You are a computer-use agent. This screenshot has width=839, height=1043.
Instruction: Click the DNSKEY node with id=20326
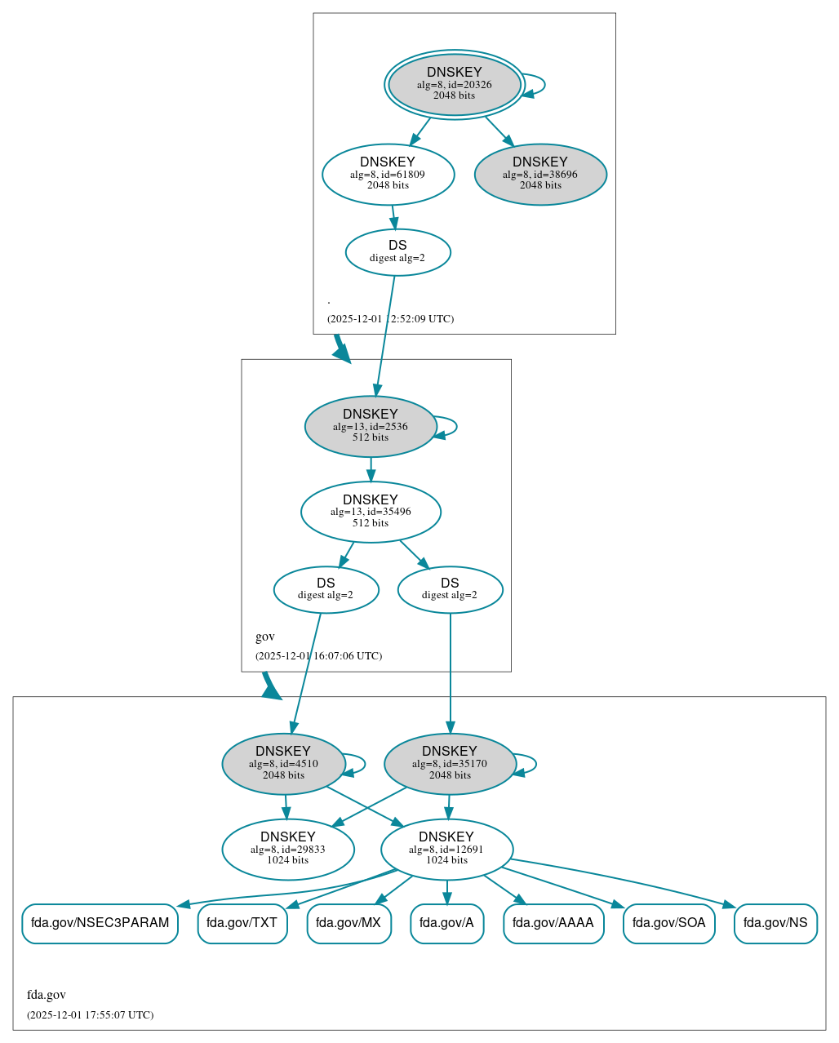point(455,84)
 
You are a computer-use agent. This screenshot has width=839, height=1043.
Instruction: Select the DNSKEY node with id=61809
point(388,174)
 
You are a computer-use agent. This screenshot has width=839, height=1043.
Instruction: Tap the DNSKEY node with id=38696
point(540,174)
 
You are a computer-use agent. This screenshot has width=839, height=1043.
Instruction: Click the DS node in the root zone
point(397,252)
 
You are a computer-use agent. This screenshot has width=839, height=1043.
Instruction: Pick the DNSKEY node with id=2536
point(371,426)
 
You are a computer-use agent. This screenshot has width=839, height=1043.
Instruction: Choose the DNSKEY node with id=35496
point(371,512)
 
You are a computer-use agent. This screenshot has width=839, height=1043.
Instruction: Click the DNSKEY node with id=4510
point(283,764)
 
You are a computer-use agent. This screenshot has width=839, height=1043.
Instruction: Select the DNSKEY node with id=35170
point(450,764)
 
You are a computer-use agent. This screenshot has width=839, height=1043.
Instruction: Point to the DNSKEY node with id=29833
point(287,850)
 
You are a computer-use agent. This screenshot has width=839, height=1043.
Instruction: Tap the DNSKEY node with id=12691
point(446,850)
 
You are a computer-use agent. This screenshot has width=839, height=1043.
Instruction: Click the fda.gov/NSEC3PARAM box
point(100,923)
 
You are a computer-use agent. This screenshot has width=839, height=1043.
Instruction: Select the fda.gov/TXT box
point(242,923)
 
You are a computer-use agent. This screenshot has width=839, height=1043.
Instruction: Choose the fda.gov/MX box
point(348,923)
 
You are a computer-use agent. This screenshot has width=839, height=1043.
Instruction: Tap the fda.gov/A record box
point(446,923)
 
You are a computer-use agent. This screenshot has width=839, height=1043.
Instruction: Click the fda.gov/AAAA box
point(553,923)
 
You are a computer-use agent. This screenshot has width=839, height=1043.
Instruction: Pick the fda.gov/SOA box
point(668,923)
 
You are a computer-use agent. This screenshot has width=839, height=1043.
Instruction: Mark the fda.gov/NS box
point(775,923)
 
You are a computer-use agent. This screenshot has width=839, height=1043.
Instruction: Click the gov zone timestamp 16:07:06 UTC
point(318,655)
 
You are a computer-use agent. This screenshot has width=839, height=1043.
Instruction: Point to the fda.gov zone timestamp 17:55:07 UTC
point(90,1014)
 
